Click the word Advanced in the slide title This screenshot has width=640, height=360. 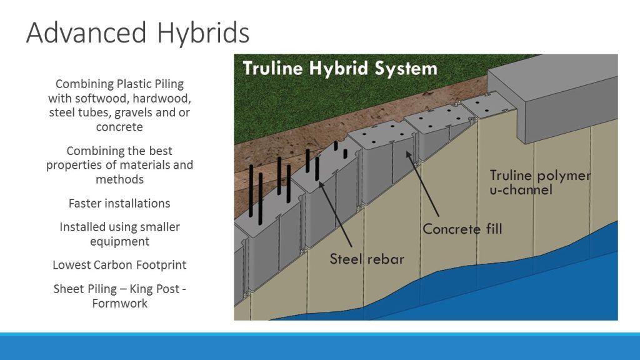click(x=86, y=32)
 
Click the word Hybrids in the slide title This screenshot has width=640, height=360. click(x=203, y=32)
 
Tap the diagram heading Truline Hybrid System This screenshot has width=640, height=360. click(x=340, y=68)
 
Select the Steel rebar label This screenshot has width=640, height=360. click(x=366, y=259)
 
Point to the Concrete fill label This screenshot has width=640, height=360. click(x=462, y=229)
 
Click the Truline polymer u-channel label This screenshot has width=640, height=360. click(x=540, y=182)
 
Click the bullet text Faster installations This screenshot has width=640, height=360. click(x=119, y=203)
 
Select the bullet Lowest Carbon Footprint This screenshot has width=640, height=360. click(x=119, y=265)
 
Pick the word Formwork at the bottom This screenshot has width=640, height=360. click(x=119, y=303)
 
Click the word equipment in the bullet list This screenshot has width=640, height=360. click(x=119, y=242)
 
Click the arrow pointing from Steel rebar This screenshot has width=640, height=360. click(x=336, y=214)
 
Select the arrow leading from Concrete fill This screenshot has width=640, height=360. click(x=422, y=184)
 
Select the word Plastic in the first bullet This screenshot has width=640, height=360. click(x=134, y=84)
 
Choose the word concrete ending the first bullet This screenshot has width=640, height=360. click(x=119, y=127)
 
